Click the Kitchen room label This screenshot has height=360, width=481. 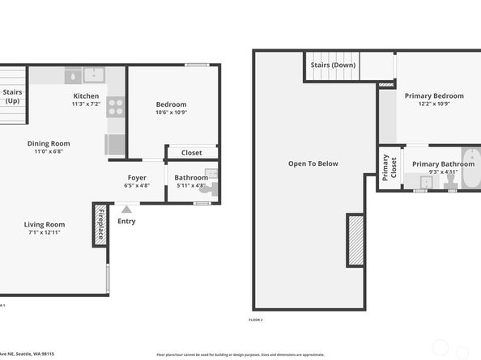click(86, 95)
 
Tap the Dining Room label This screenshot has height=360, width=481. click(48, 143)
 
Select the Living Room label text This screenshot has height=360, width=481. click(45, 224)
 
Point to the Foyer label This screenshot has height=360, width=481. click(137, 177)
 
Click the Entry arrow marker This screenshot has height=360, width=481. click(126, 210)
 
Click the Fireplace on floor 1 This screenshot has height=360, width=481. click(100, 224)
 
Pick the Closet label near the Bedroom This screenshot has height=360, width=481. click(191, 152)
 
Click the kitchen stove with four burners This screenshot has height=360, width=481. click(115, 107)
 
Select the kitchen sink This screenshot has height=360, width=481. click(93, 75)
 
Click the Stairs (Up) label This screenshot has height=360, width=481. click(12, 96)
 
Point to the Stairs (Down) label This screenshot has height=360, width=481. click(332, 66)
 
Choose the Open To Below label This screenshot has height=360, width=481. click(313, 163)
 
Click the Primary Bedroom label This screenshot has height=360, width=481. click(435, 95)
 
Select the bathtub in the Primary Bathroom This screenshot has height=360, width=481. click(470, 168)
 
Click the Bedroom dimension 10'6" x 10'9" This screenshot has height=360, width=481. click(171, 112)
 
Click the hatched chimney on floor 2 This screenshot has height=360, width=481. click(355, 239)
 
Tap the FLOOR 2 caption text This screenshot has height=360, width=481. click(256, 320)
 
